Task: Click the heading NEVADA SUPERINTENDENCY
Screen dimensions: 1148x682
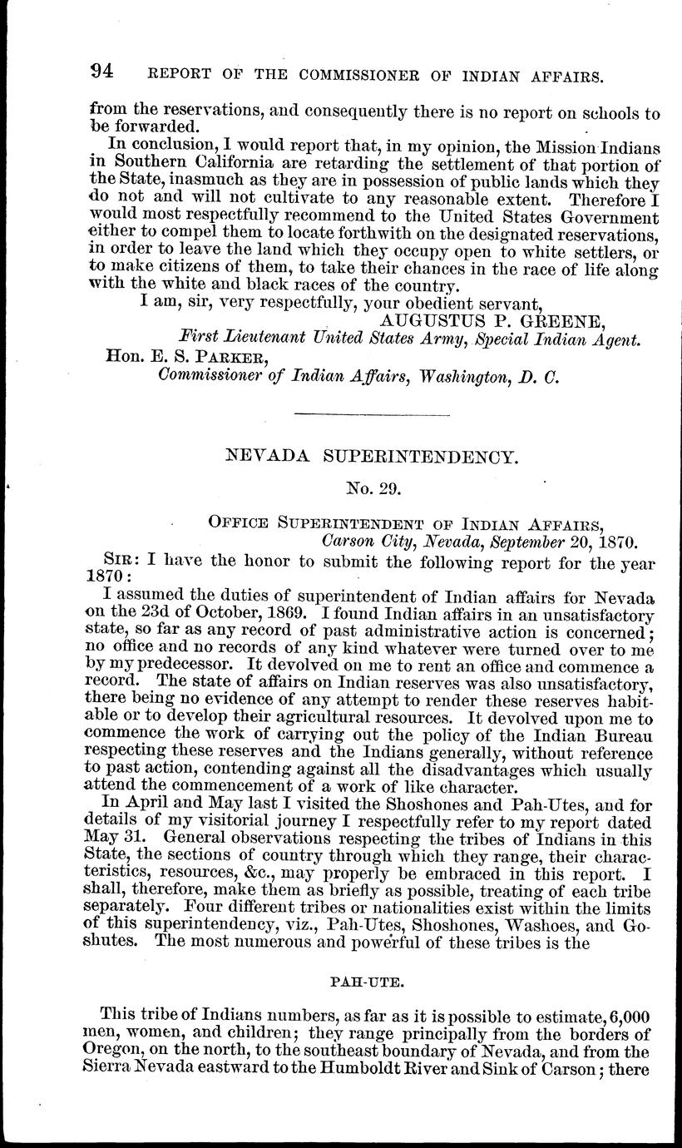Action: tap(373, 456)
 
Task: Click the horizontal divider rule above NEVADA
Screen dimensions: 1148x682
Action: tap(372, 414)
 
